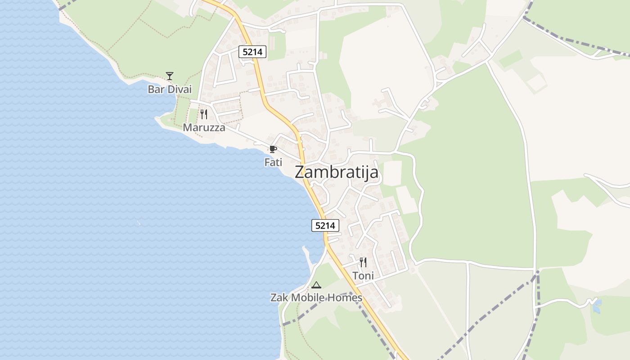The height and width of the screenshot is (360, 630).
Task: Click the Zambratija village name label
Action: tap(336, 172)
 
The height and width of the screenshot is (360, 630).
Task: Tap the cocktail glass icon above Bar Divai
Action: tap(169, 76)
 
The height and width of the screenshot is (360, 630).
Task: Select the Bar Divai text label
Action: tap(170, 90)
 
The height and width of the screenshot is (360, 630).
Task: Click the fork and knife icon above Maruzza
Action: tap(204, 114)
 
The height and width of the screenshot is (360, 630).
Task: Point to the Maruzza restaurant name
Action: tap(204, 128)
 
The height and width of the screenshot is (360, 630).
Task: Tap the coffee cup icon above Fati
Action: tap(273, 149)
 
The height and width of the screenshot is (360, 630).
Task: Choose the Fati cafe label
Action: tap(273, 162)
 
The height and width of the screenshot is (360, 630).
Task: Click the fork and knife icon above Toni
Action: tap(363, 262)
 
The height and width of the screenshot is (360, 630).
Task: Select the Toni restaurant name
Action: tap(363, 276)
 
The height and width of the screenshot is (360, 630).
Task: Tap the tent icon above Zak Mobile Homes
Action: tap(316, 285)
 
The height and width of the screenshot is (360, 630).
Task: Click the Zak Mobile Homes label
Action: tap(316, 298)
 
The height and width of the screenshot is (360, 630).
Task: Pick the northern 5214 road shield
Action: tap(252, 52)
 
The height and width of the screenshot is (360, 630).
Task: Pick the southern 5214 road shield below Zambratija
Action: tap(325, 225)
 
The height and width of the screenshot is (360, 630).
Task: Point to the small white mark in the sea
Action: tap(139, 223)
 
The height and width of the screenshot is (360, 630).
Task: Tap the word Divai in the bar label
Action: tap(180, 90)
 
